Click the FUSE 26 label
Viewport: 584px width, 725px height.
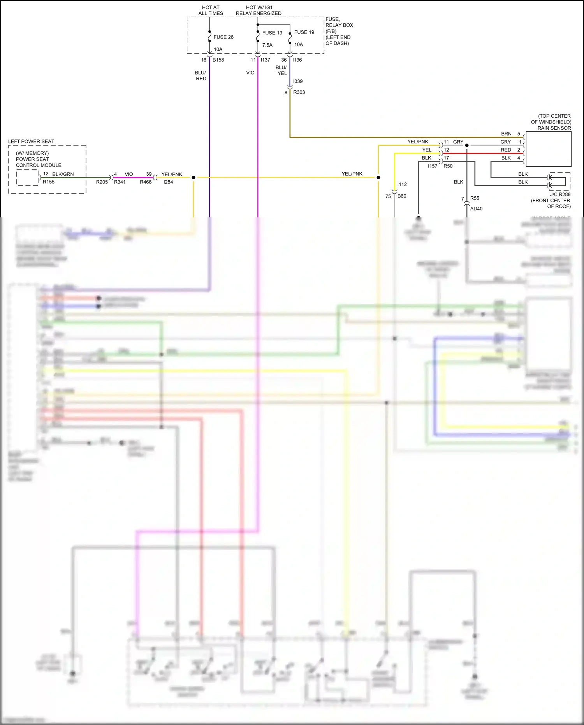(x=223, y=37)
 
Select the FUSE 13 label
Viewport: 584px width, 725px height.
(x=272, y=33)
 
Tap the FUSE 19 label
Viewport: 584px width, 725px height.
(x=304, y=32)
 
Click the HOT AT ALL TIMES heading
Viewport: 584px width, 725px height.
(x=211, y=10)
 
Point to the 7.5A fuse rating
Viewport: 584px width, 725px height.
(x=267, y=45)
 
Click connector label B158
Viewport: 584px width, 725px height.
(x=218, y=60)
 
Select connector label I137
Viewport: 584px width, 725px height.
(x=265, y=60)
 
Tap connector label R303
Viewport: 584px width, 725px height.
(x=299, y=92)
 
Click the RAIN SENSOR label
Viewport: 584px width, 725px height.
(x=554, y=128)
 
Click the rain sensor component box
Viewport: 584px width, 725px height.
(x=548, y=149)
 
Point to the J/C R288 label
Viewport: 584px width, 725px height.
(x=560, y=194)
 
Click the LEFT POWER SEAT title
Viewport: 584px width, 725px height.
(x=31, y=141)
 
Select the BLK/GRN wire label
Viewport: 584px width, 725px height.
(x=63, y=174)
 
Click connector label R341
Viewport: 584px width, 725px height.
(x=120, y=182)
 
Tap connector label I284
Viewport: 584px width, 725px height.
(x=168, y=182)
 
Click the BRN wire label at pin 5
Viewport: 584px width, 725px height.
(x=506, y=134)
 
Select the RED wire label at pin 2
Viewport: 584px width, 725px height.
(x=506, y=150)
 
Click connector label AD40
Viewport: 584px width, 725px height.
(x=476, y=209)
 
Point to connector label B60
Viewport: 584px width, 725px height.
(x=402, y=196)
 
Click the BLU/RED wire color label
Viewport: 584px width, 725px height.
(x=201, y=76)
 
